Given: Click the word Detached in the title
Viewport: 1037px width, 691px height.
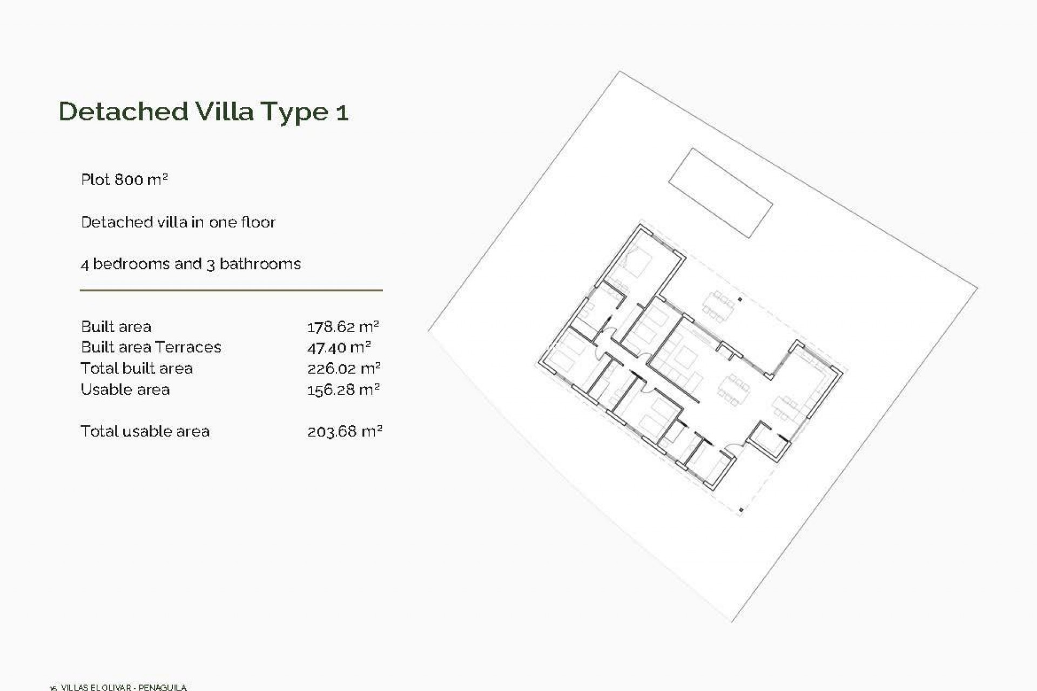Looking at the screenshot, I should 123,112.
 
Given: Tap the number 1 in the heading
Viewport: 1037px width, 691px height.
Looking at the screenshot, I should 342,113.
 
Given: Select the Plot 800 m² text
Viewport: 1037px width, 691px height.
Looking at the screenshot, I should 124,179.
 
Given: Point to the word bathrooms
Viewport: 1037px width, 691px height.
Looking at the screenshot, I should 260,264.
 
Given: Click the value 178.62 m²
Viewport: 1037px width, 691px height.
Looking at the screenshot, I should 343,327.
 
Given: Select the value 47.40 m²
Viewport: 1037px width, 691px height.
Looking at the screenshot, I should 339,348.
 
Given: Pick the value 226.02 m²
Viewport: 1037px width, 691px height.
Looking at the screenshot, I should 344,369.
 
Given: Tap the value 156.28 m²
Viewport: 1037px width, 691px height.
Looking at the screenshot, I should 343,390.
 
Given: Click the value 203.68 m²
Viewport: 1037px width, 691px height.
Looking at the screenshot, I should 345,431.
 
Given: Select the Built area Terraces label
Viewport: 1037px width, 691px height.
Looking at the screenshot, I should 151,347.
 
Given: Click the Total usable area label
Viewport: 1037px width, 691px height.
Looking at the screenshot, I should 145,431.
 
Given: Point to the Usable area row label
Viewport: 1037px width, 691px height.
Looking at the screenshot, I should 125,390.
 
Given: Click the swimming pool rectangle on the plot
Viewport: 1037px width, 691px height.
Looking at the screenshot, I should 720,193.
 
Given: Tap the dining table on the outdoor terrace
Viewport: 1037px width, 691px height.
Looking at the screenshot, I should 718,306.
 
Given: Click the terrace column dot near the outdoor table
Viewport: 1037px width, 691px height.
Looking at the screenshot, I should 740,299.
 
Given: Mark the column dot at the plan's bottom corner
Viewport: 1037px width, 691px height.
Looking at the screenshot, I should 741,509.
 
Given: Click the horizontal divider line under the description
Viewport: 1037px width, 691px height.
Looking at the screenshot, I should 231,290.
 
